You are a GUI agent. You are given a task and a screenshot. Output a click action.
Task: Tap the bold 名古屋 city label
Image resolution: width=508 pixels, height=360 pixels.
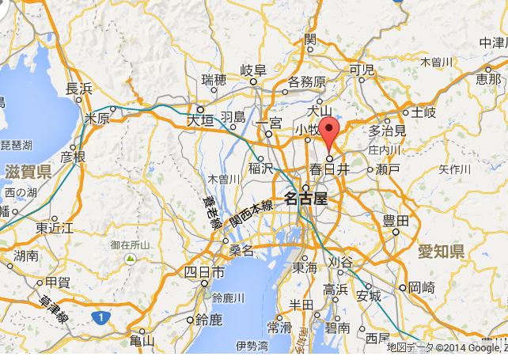[x=305, y=198]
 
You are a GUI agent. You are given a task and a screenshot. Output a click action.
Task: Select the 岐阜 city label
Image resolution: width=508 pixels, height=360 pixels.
[x=254, y=70]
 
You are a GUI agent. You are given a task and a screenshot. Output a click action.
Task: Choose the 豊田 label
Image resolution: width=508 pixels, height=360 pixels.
[x=396, y=221]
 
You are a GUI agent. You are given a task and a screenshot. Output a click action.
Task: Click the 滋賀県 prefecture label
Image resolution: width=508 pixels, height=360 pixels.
[x=28, y=171]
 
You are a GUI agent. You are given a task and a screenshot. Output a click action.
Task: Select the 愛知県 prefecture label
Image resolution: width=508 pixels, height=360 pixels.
[x=440, y=252]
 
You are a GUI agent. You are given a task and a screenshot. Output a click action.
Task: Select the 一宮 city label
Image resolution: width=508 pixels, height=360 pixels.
[x=270, y=123]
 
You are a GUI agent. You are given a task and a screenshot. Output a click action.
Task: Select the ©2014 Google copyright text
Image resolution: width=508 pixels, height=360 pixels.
[x=468, y=347]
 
